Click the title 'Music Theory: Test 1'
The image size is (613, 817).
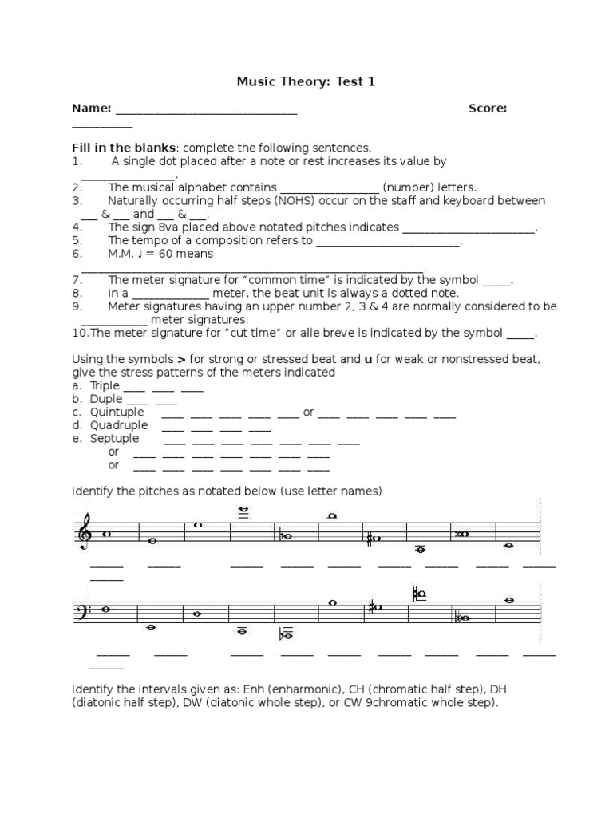click(x=306, y=81)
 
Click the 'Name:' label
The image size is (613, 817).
click(x=91, y=109)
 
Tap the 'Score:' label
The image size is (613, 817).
click(x=488, y=109)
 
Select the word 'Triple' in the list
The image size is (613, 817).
click(x=104, y=385)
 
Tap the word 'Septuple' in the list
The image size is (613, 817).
click(x=113, y=438)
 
